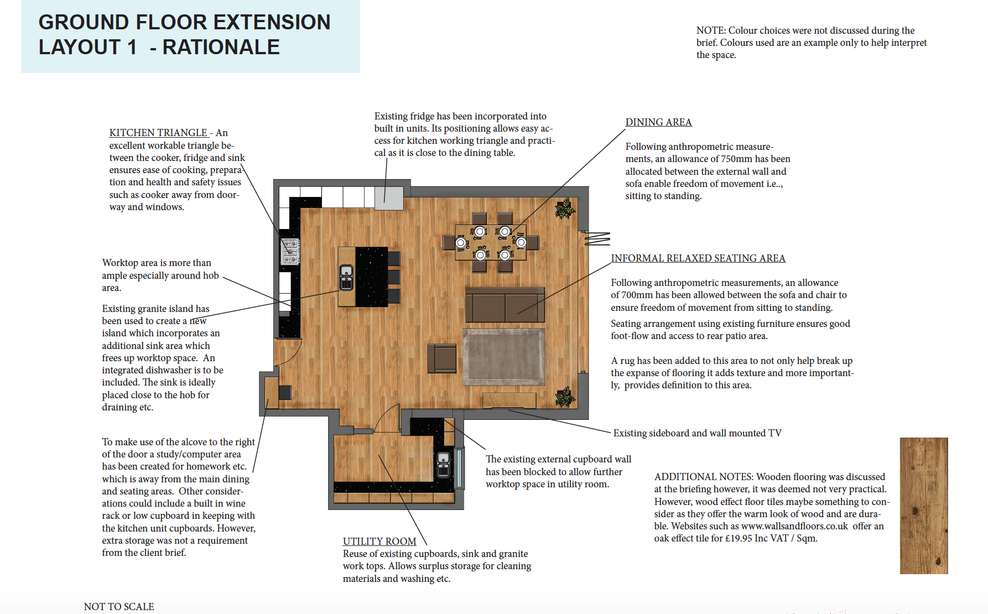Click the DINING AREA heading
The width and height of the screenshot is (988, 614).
point(658,122)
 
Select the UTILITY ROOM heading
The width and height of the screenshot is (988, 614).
point(379,542)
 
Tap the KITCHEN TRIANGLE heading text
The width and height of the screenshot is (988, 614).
point(158,133)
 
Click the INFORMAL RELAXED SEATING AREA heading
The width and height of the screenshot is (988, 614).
point(698,258)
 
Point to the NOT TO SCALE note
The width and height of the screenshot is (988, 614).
point(119,607)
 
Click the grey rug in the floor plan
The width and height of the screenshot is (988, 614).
point(503,357)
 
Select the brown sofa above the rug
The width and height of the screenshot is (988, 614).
point(505,305)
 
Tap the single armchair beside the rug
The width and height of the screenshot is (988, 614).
point(442,358)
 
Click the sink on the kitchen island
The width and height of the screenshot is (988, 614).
point(346,277)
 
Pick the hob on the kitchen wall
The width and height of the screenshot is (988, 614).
point(290,252)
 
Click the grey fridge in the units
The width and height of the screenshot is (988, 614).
point(389,198)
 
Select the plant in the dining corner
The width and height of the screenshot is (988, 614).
point(565,209)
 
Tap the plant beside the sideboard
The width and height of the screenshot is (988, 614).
point(565,397)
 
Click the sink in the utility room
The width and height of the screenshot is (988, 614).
point(444,465)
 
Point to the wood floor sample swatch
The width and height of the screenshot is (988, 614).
point(923,505)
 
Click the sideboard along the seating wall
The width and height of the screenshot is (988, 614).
point(509,400)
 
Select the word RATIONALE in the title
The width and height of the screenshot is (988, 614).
point(221,47)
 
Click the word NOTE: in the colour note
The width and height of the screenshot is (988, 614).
point(711,30)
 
